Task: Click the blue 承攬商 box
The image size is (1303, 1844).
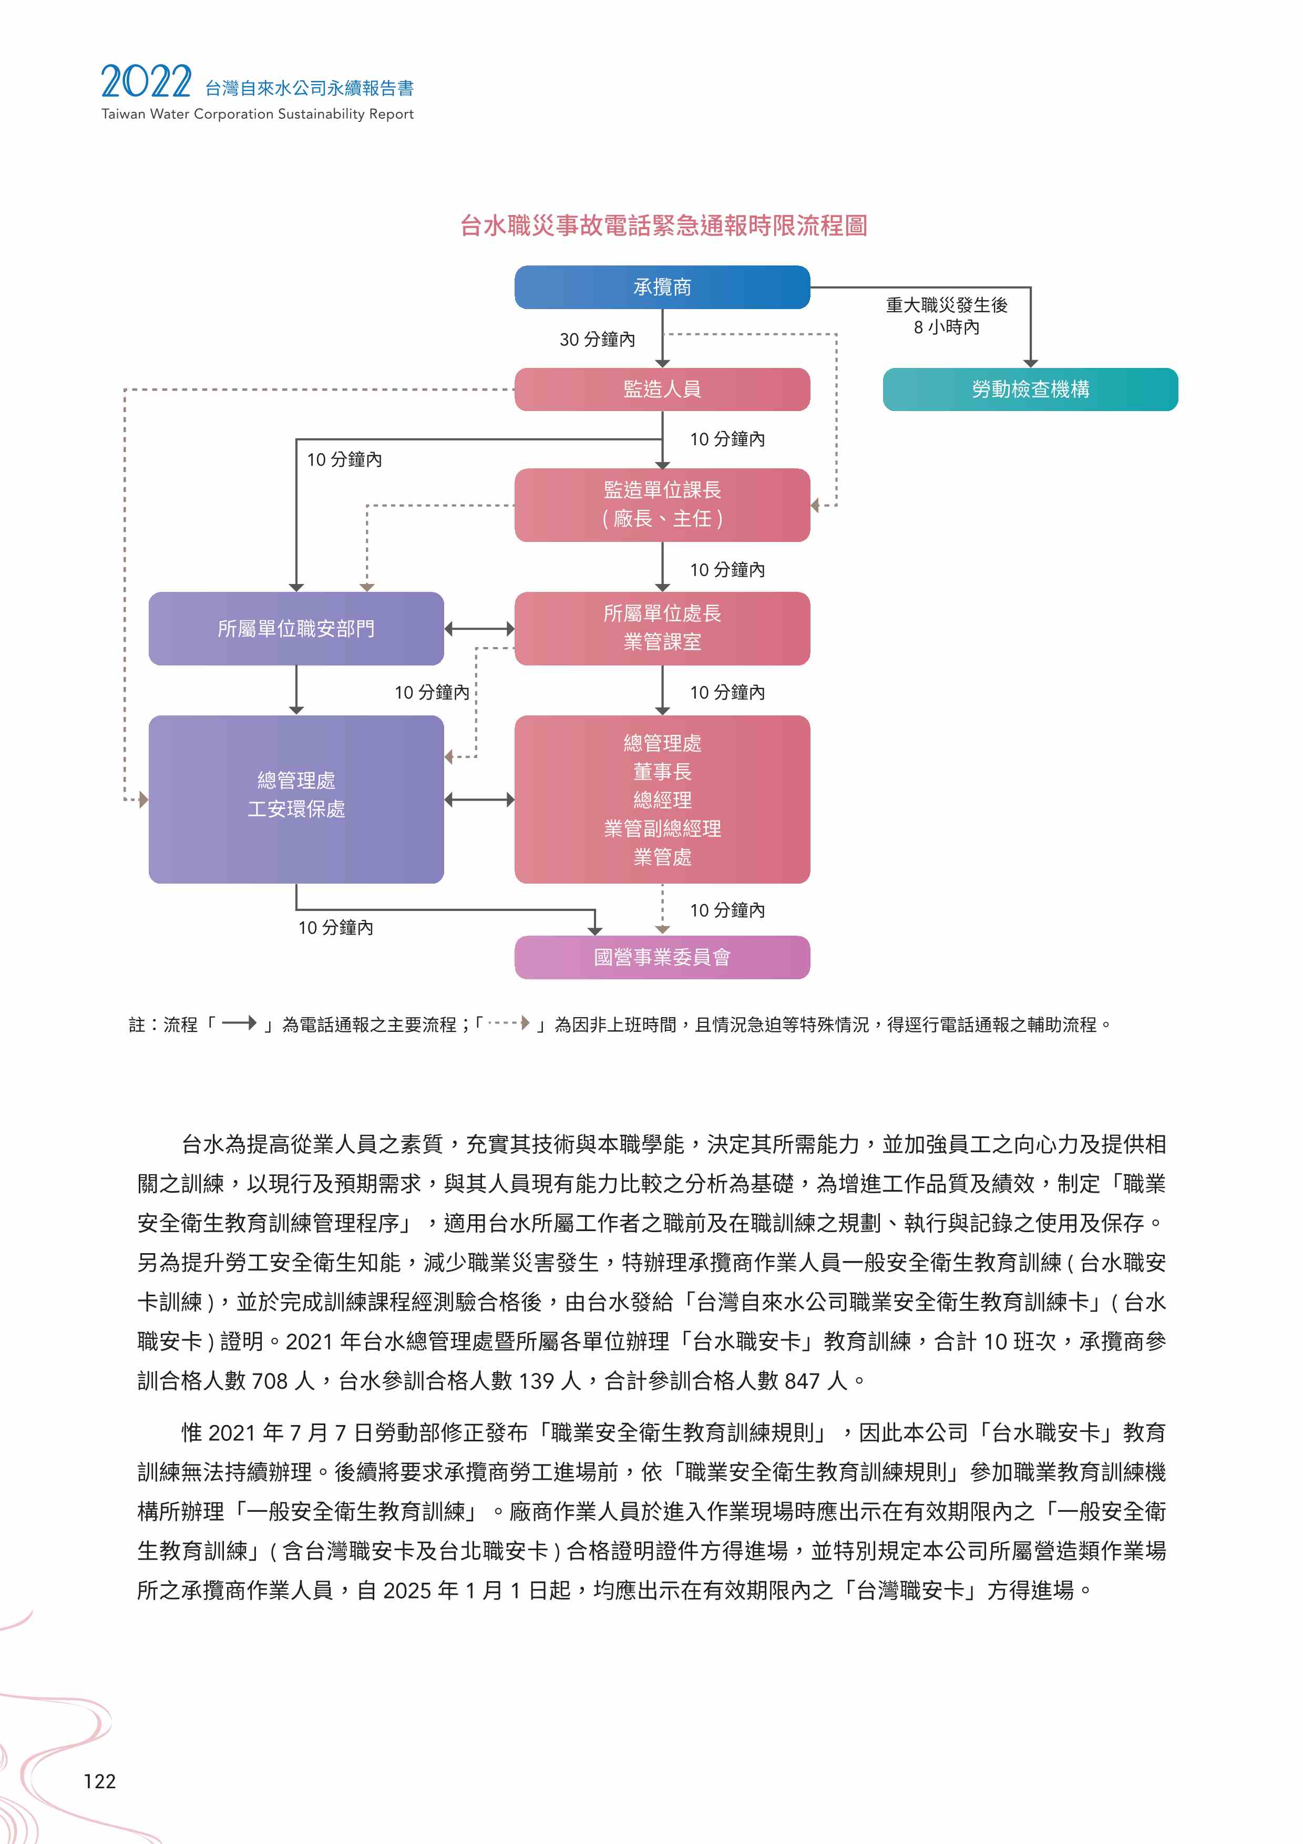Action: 662,286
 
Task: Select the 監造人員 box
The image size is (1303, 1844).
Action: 662,390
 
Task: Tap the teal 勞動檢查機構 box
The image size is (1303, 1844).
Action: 1030,390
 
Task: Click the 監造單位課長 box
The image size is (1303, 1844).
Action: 662,505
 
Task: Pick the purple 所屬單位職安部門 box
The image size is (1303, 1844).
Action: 296,629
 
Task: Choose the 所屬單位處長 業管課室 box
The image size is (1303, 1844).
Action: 662,629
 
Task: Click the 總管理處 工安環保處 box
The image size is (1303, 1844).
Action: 296,799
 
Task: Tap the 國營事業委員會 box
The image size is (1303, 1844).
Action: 662,957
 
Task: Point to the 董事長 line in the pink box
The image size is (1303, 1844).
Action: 662,772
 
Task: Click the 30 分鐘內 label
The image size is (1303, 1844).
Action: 597,340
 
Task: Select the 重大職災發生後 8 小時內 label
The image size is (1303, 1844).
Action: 947,315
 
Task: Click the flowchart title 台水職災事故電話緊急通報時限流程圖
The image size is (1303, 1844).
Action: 663,226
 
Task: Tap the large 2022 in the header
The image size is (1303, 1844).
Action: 146,82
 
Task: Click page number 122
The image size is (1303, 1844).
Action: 99,1781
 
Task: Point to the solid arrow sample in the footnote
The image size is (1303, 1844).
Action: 239,1023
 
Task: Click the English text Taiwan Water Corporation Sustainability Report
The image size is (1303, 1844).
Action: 258,114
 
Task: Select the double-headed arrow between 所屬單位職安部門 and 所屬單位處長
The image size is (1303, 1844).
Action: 479,629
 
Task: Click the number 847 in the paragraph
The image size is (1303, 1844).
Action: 802,1380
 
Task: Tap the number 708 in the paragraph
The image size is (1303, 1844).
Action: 270,1380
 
